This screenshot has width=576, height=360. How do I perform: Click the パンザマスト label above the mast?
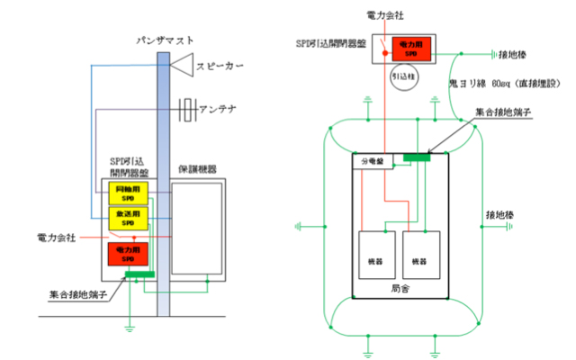(163, 40)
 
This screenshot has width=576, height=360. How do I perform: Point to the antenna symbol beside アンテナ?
(187, 110)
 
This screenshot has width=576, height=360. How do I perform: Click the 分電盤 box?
(371, 161)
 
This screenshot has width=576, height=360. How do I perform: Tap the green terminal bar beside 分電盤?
(416, 159)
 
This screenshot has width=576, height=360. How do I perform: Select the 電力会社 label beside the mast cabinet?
(58, 237)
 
